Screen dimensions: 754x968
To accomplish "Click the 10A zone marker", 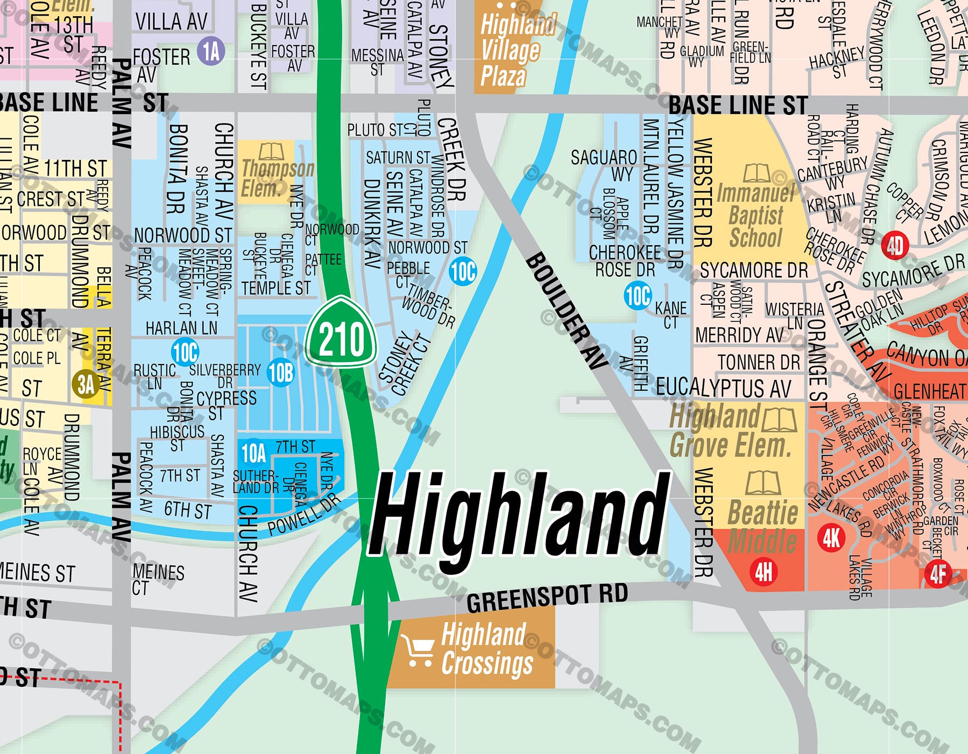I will click(x=253, y=454).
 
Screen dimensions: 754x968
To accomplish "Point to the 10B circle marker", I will click(x=281, y=372).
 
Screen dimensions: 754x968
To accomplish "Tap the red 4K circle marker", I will click(x=831, y=537).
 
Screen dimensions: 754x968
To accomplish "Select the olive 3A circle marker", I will click(x=86, y=385).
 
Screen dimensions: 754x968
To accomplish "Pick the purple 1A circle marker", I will click(x=211, y=52).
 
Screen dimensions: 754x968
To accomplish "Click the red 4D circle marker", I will click(x=894, y=247).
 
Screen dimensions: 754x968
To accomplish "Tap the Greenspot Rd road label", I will click(x=547, y=597).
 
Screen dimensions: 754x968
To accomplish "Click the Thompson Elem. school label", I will click(x=277, y=178).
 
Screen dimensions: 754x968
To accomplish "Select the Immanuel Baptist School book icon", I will click(x=757, y=173).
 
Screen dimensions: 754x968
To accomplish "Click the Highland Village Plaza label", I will click(x=510, y=51).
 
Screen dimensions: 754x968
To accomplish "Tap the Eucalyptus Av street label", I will click(x=723, y=388).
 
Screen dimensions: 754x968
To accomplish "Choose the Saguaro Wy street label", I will click(x=604, y=165).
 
